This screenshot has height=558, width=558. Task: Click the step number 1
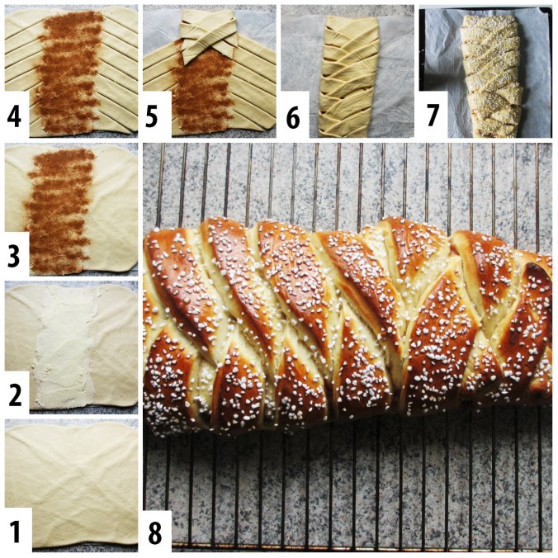tap(16, 529)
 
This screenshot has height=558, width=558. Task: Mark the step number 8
tap(156, 529)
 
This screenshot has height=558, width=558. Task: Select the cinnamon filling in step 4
tap(70, 70)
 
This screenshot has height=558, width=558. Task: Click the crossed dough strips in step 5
tap(207, 37)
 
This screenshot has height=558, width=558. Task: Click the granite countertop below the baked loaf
tap(347, 487)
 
